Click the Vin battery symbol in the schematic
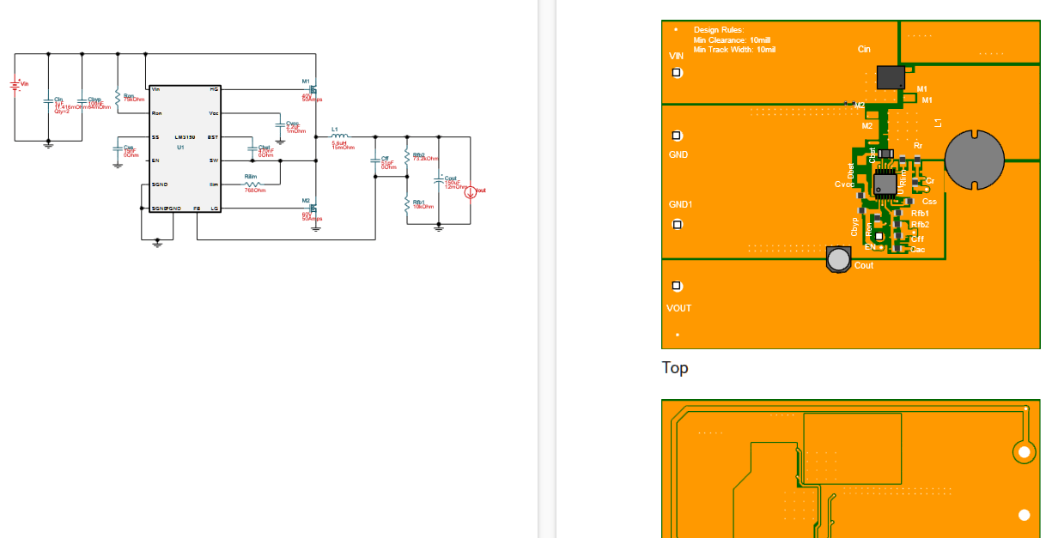tap(15, 85)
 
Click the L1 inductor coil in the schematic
tap(339, 136)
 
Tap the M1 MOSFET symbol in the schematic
tap(313, 88)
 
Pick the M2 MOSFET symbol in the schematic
tap(313, 208)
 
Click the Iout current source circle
tap(471, 192)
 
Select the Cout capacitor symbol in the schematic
tap(439, 181)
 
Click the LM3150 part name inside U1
tap(185, 137)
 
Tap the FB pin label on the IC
tap(197, 209)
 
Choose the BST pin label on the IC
tap(212, 137)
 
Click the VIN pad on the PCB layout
tap(677, 73)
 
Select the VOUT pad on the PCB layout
tap(677, 286)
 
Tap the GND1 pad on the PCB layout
tap(677, 225)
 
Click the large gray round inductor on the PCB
tap(974, 160)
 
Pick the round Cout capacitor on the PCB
tap(838, 258)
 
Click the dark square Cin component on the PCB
tap(891, 77)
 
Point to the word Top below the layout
tap(675, 368)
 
